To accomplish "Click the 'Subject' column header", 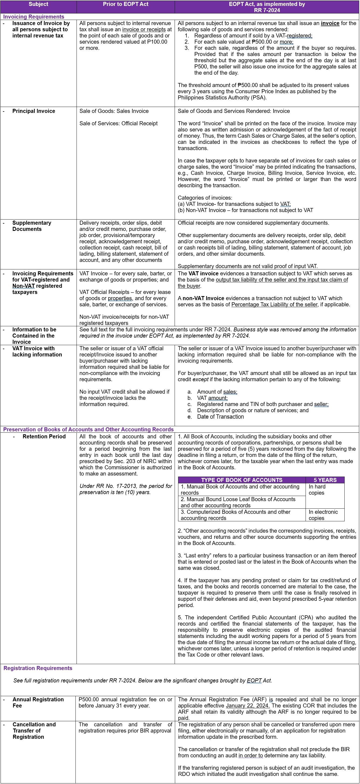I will click(38, 4).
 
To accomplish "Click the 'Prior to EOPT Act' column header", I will click(125, 4).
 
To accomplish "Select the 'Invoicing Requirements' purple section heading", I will click(33, 17).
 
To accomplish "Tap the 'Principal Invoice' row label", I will click(33, 111).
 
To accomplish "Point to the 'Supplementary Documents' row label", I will click(32, 226).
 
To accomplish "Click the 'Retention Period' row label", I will click(44, 436).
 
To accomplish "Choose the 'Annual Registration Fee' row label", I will click(38, 702).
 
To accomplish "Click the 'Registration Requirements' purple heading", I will click(38, 668).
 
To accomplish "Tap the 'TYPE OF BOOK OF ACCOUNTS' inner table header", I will click(242, 480).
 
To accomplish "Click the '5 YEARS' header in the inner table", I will click(325, 480).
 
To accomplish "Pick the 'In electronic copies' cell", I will click(323, 515).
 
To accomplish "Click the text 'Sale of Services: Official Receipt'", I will click(118, 124).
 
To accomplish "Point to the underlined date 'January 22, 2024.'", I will click(247, 706).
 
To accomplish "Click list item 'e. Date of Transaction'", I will click(220, 417).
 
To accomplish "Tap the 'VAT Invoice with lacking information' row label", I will click(37, 352).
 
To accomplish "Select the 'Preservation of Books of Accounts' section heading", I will click(88, 429).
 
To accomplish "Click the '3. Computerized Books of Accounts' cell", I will click(235, 515).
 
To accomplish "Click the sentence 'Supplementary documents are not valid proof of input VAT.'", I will click(247, 266).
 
